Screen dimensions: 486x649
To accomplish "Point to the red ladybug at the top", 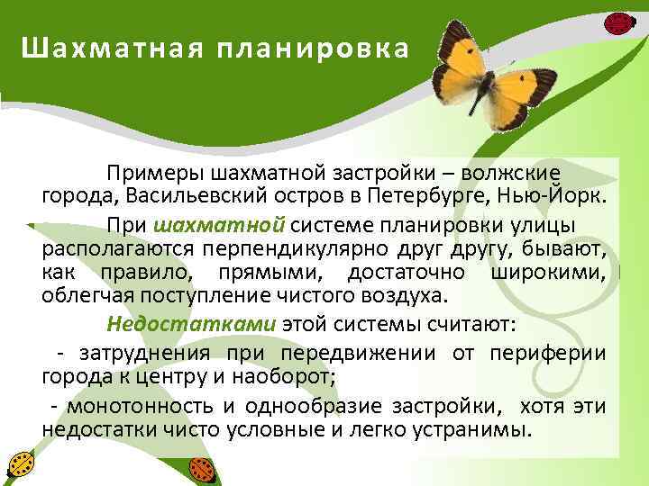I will [618, 22].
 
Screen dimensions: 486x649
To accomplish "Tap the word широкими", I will [548, 272].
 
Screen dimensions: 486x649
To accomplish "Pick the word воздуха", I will [407, 295].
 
